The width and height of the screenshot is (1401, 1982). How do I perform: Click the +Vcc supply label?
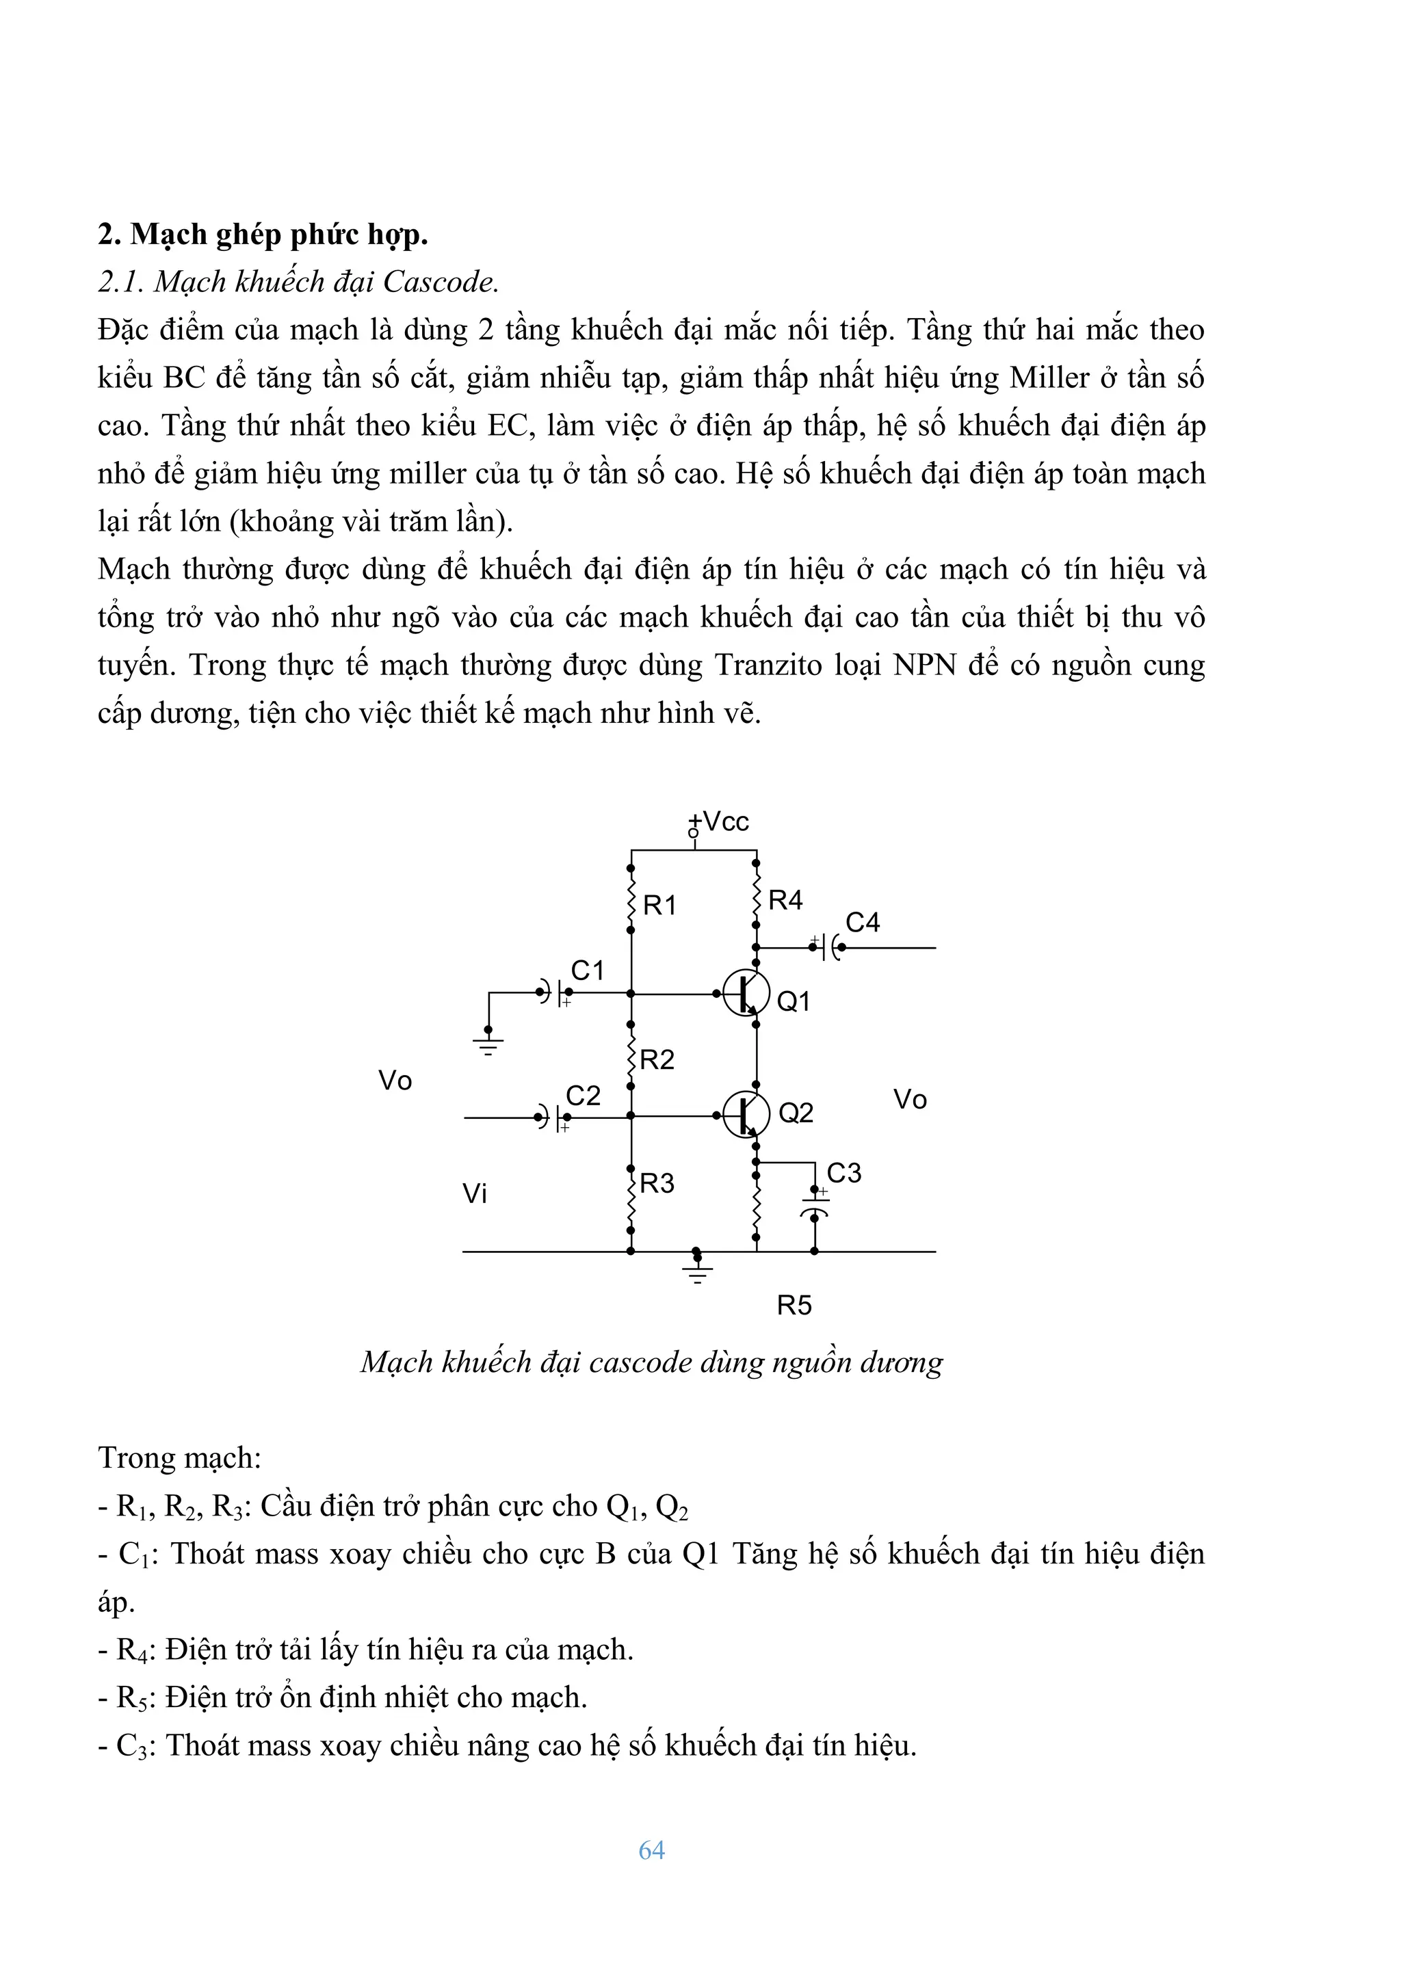tap(720, 821)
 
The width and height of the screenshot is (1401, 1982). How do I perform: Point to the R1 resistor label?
tap(659, 905)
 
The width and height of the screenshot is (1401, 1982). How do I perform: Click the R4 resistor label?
tap(785, 900)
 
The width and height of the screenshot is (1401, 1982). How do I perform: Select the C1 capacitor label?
tap(587, 970)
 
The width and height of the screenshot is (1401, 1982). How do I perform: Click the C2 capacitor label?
tap(583, 1096)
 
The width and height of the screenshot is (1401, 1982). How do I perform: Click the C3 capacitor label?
tap(843, 1172)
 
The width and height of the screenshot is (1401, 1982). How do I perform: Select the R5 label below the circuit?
tap(794, 1305)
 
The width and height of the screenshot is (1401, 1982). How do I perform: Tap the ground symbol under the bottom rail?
tap(698, 1271)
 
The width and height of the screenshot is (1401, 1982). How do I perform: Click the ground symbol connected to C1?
tap(488, 1046)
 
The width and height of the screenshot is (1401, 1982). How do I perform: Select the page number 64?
tap(652, 1850)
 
